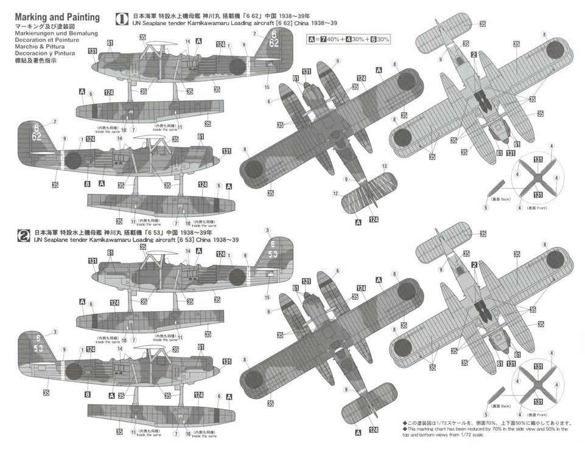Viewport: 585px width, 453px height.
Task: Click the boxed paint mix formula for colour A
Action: (349, 40)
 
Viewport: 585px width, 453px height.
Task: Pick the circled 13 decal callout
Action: (384, 166)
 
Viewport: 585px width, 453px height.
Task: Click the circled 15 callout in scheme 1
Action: (267, 88)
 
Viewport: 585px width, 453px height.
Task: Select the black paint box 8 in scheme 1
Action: (88, 184)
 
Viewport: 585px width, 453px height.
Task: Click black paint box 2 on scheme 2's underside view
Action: (473, 265)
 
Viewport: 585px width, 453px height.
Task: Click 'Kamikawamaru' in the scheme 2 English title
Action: (214, 240)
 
